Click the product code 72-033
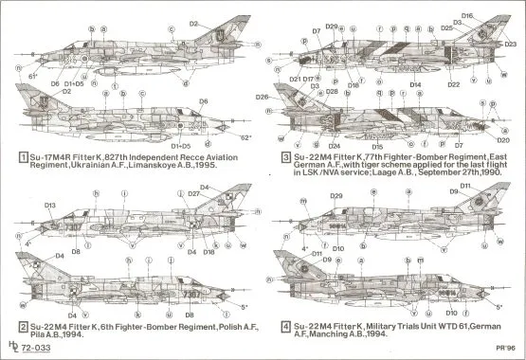click(39, 349)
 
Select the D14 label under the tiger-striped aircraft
click(414, 84)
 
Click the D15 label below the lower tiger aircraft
click(377, 147)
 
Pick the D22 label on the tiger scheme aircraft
click(455, 84)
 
